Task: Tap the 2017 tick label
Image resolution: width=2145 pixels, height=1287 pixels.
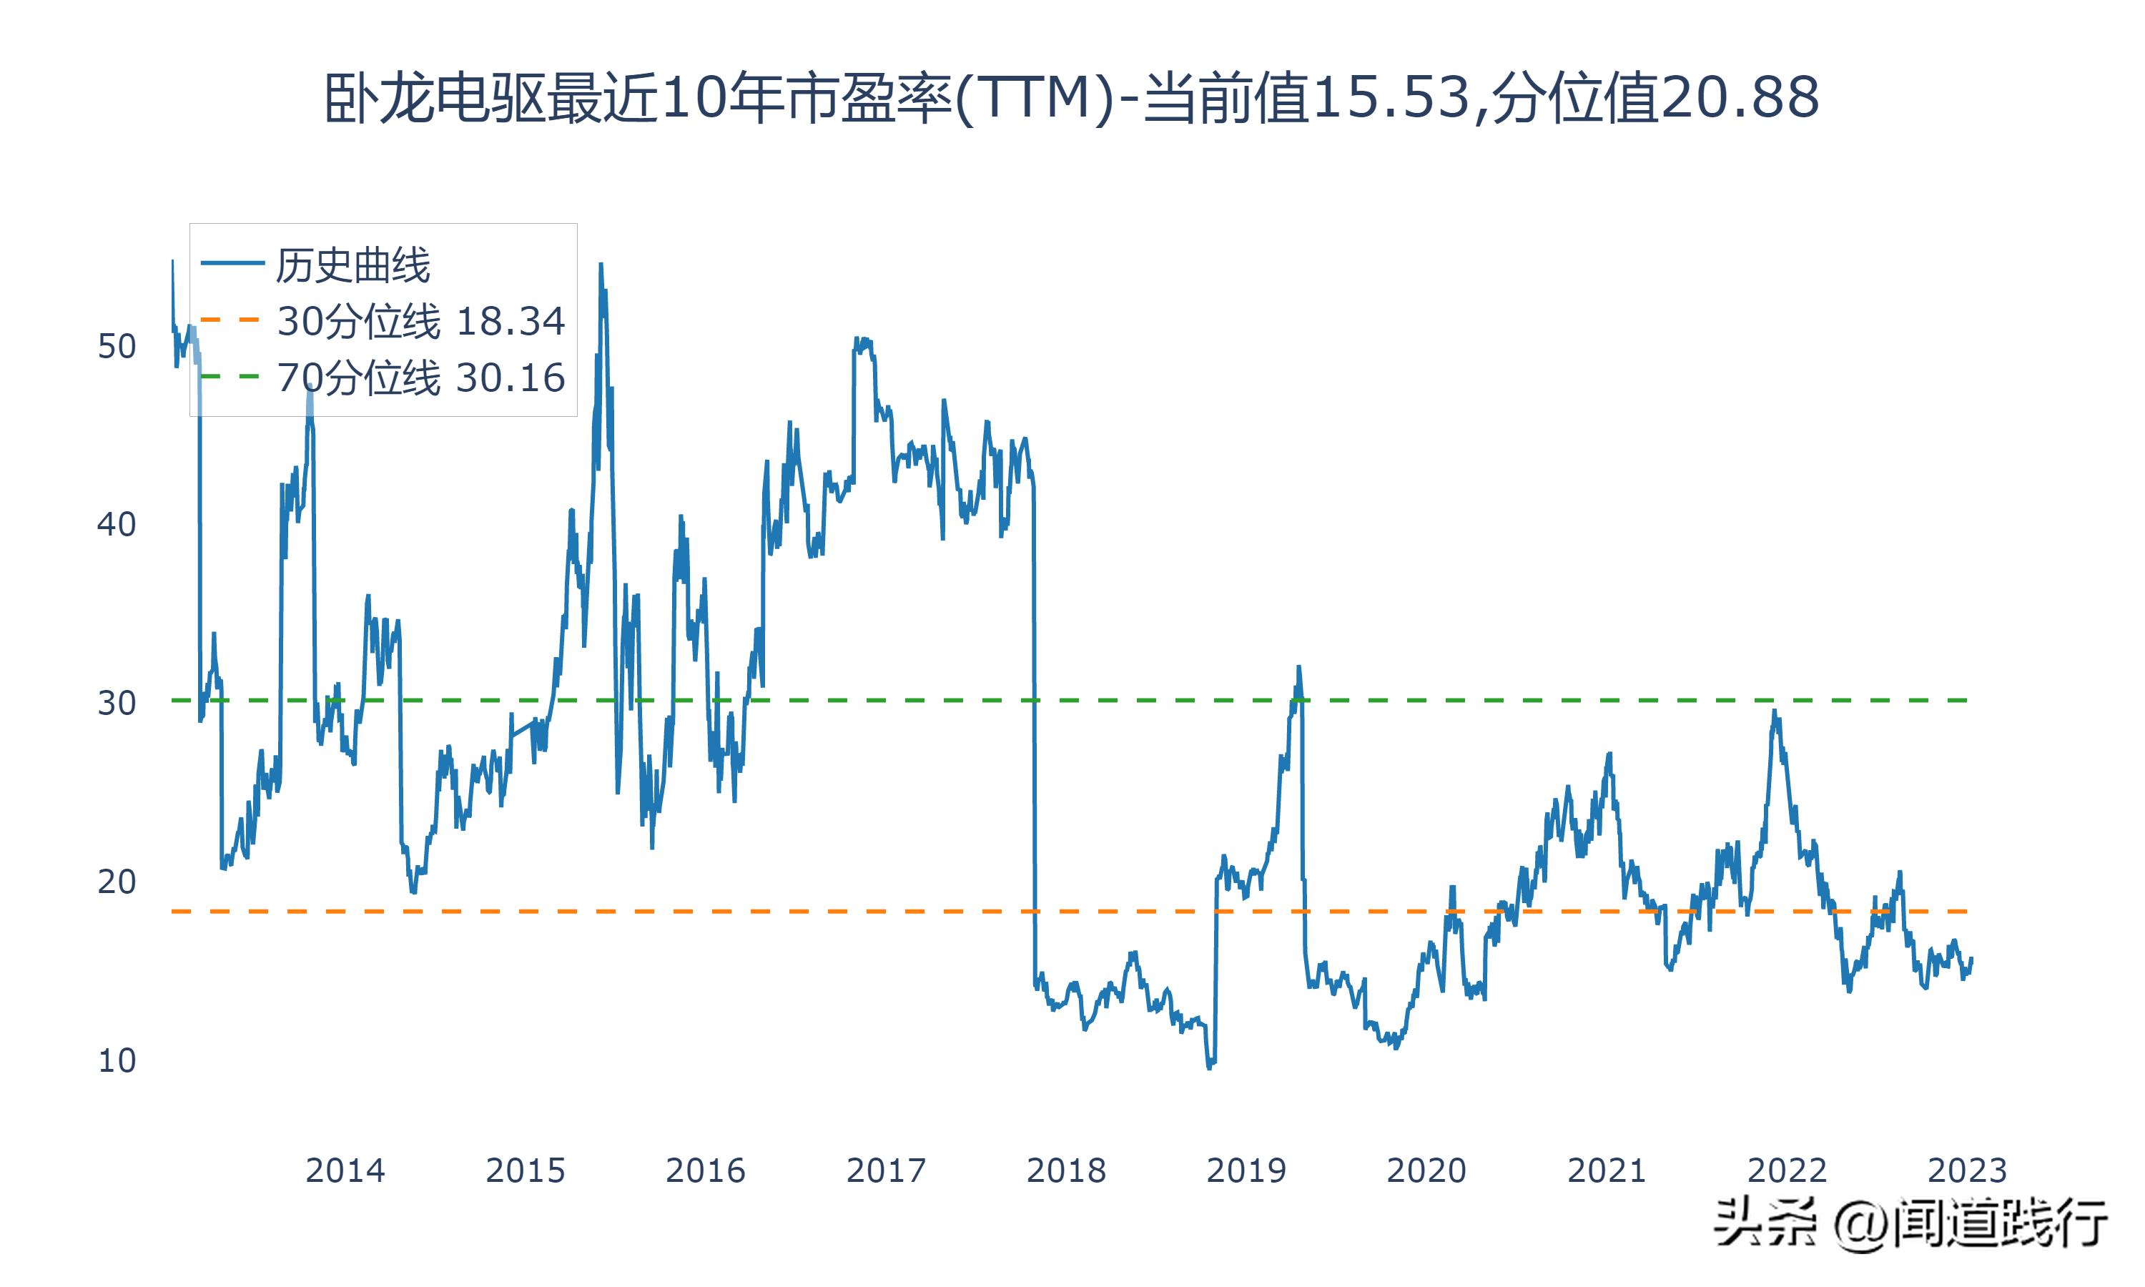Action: pos(885,1170)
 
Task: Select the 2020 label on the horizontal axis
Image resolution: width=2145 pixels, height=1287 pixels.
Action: pos(1426,1170)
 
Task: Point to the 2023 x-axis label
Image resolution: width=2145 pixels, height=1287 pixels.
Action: pos(1966,1170)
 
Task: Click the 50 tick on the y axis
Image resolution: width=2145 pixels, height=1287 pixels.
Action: pos(116,347)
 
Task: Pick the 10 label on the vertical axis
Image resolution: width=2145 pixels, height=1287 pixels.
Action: pos(116,1060)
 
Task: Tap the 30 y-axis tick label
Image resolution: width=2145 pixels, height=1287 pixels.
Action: pos(116,704)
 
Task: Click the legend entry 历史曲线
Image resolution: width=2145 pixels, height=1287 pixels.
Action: pos(352,265)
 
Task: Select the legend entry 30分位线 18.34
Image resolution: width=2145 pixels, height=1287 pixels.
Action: pos(420,322)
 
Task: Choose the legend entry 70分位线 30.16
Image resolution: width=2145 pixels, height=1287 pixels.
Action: pos(420,378)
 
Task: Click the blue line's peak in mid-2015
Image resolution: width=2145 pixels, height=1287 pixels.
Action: pos(601,265)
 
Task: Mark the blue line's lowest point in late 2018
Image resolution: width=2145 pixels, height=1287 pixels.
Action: pos(1210,1067)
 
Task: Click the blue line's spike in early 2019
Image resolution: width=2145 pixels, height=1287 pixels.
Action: pos(1298,667)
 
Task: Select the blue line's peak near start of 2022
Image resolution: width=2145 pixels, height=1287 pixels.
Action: pos(1774,711)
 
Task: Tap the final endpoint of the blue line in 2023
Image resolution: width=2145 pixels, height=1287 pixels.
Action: pos(1971,958)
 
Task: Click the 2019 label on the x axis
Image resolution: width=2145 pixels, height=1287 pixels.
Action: pos(1246,1170)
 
